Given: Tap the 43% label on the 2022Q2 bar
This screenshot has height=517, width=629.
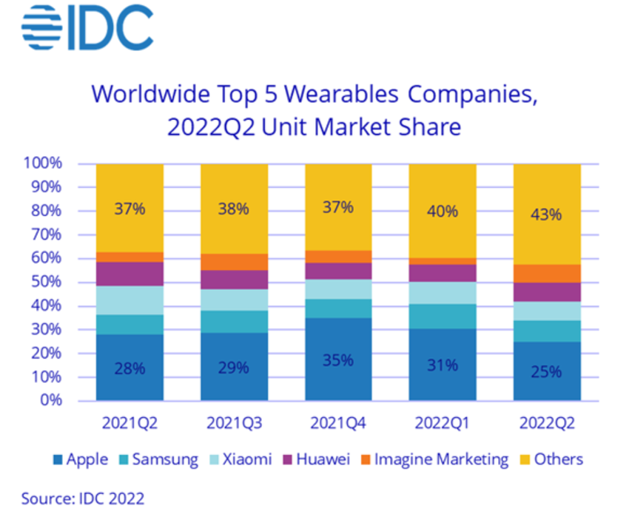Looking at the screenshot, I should click(x=547, y=215).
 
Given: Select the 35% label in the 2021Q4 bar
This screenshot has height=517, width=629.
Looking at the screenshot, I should click(x=337, y=360).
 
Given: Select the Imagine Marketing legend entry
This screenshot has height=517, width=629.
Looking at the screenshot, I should click(x=434, y=459).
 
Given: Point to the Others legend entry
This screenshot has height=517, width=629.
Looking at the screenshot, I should click(x=551, y=459).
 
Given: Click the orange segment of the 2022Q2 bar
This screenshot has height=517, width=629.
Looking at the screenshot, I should click(x=547, y=274).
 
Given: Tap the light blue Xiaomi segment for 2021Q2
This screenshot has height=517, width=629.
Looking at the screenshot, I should click(x=129, y=300).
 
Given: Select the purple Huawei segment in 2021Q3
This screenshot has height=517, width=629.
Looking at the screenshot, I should click(x=234, y=280).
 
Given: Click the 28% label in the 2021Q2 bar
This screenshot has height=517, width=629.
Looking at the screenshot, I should click(x=129, y=368).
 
